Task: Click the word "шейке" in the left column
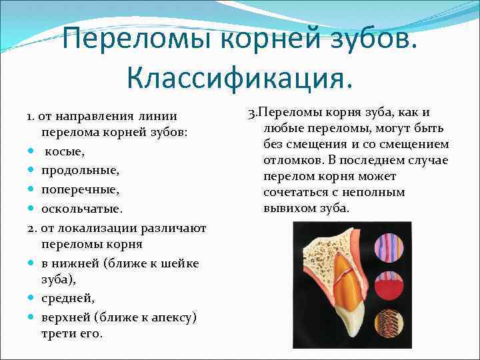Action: click(179, 263)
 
